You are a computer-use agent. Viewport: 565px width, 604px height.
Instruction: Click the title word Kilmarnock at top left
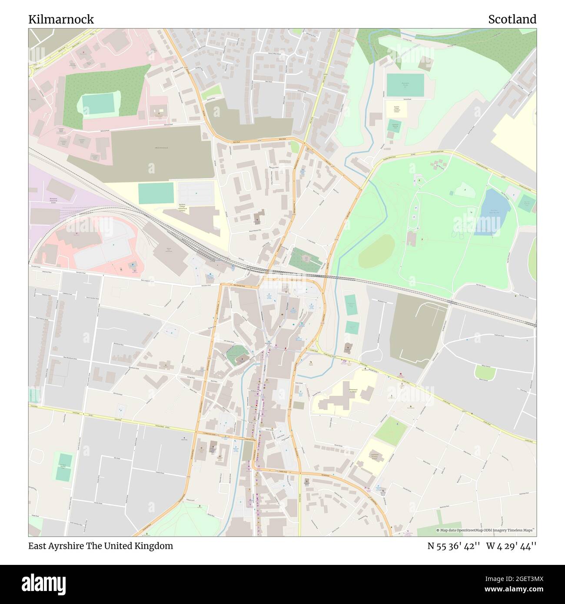pyautogui.click(x=61, y=20)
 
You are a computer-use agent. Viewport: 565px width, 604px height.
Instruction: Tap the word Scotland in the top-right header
pyautogui.click(x=512, y=20)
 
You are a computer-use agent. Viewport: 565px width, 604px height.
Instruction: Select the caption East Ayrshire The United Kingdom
pyautogui.click(x=101, y=546)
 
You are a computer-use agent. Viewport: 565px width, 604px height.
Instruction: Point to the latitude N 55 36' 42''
pyautogui.click(x=454, y=546)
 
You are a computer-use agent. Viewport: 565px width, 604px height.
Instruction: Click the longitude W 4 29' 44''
pyautogui.click(x=511, y=546)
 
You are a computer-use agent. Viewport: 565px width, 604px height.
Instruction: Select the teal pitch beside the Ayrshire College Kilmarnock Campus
pyautogui.click(x=156, y=193)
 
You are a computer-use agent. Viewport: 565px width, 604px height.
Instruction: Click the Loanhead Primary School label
pyautogui.click(x=373, y=457)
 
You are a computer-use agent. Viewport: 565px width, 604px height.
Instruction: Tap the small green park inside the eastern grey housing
pyautogui.click(x=485, y=372)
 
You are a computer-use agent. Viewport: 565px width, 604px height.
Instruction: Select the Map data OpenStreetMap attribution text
pyautogui.click(x=485, y=530)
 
